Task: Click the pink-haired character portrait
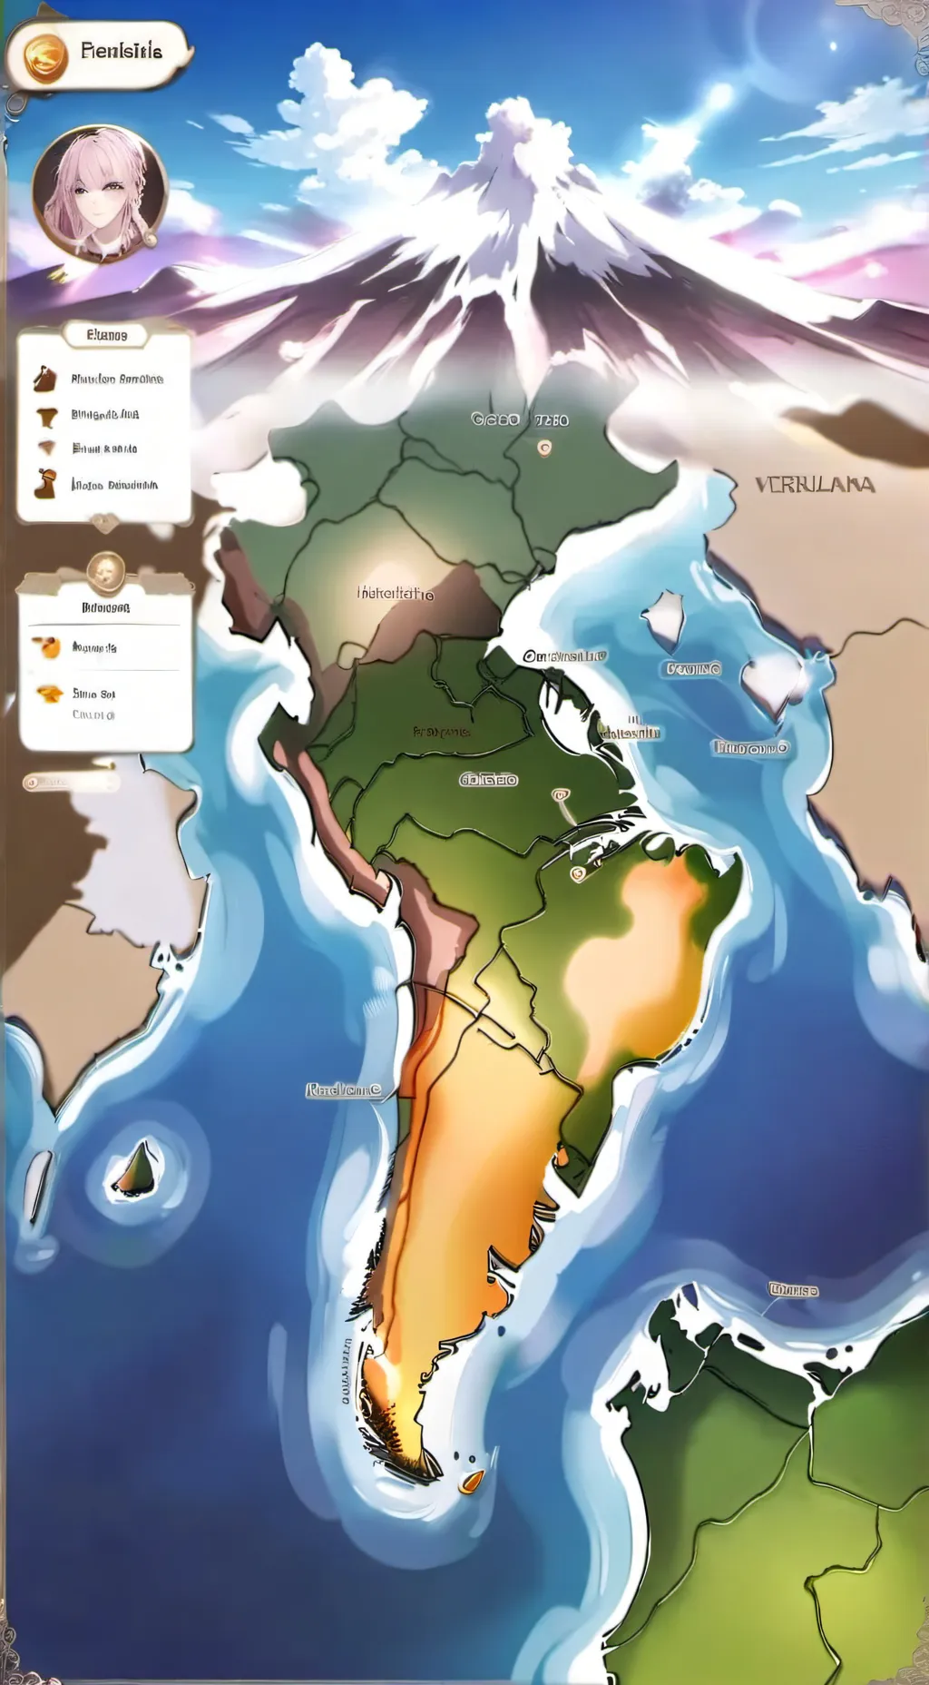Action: (100, 192)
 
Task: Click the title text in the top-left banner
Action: (122, 51)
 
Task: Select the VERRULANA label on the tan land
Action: (815, 485)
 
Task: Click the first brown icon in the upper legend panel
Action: (44, 379)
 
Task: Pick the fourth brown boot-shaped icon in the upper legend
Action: (44, 484)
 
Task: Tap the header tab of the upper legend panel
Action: (107, 335)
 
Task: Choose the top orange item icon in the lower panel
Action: (46, 647)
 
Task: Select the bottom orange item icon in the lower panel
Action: (49, 694)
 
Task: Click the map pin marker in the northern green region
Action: (544, 448)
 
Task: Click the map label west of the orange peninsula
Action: (343, 1089)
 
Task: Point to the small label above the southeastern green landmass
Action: (793, 1289)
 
